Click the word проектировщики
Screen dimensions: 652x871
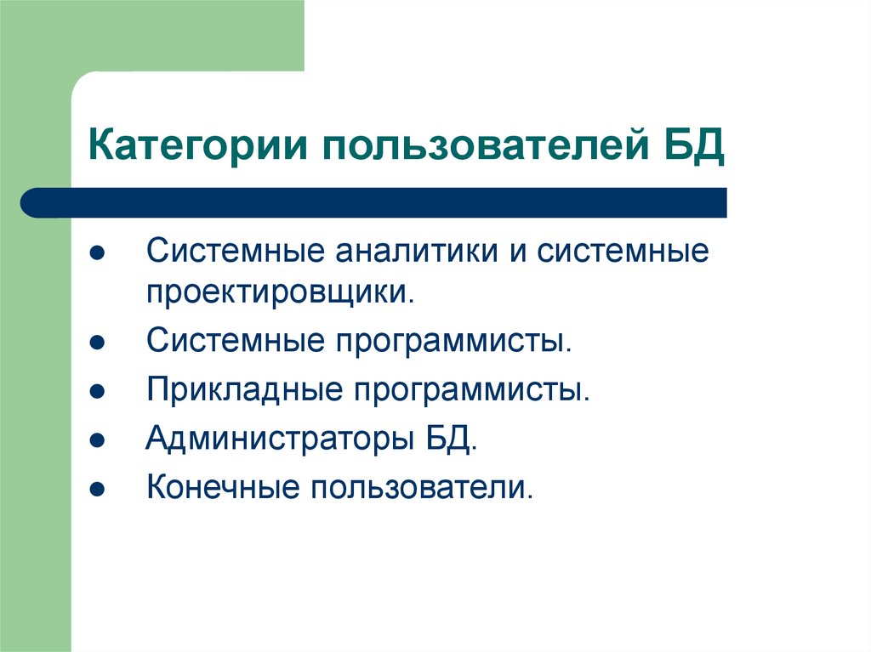click(282, 293)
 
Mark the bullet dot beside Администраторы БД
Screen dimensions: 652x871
click(97, 442)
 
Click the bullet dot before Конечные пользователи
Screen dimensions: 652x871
click(97, 490)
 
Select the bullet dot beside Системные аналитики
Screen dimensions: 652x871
click(97, 255)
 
